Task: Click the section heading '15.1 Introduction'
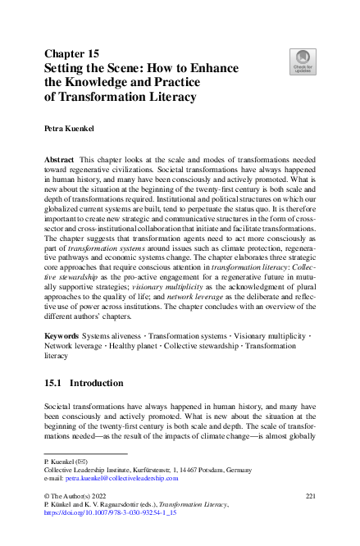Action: [82, 383]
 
